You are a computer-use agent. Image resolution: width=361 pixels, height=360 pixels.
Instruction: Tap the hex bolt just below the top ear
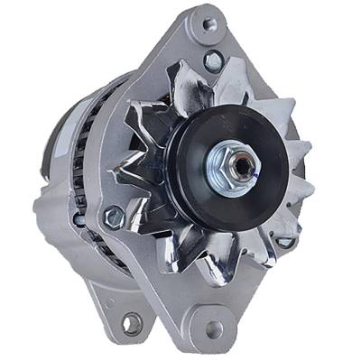click(214, 61)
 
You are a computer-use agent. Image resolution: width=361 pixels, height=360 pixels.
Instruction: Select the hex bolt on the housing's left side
click(115, 217)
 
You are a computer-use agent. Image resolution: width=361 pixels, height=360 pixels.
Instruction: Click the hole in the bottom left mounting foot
click(132, 323)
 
